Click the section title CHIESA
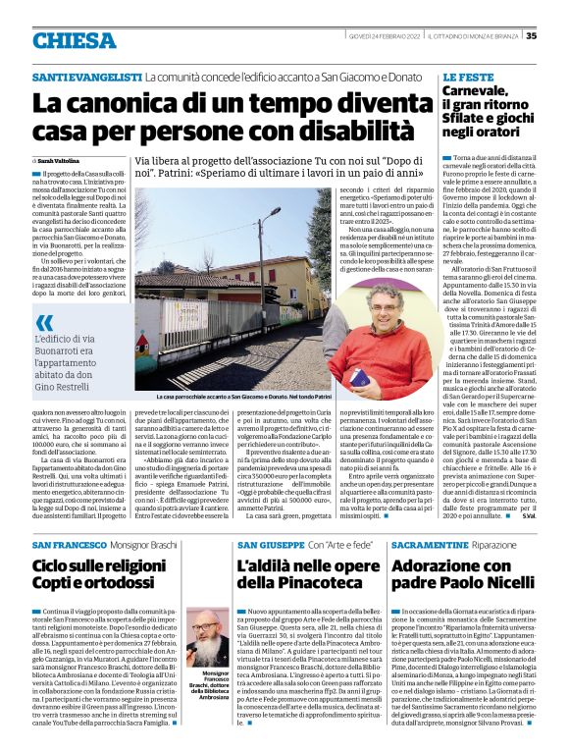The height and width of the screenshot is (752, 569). click(74, 40)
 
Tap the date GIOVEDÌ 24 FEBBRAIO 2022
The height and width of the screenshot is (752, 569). click(383, 36)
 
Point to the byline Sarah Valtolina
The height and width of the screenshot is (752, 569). click(61, 159)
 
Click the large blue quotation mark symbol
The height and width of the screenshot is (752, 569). click(44, 322)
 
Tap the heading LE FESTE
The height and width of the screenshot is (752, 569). click(467, 76)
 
